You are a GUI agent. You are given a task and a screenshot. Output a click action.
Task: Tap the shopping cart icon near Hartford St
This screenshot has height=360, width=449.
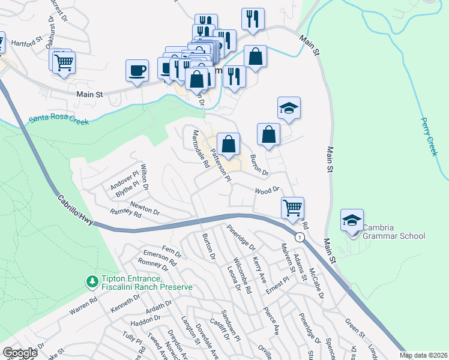64,63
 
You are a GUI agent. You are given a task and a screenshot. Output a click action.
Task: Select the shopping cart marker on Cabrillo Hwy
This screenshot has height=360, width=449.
292,208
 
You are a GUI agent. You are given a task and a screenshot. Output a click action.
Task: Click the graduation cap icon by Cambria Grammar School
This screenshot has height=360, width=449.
352,220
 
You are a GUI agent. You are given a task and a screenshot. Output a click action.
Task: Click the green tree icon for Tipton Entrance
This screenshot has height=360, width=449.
92,281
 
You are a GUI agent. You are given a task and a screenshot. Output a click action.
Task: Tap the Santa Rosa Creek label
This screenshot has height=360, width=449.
59,120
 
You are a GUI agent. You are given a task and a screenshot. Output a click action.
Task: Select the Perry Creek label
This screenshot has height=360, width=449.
430,136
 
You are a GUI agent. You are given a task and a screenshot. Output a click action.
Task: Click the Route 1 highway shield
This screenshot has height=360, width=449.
298,238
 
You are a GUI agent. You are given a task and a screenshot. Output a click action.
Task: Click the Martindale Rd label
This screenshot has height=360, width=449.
200,149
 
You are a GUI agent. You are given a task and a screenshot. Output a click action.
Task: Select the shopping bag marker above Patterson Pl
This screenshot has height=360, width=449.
228,144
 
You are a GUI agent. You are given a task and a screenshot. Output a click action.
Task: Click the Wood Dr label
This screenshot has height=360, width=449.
268,190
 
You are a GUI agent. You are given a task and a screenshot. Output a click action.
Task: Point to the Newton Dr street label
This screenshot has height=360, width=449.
145,209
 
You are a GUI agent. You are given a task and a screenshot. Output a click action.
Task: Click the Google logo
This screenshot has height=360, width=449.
20,353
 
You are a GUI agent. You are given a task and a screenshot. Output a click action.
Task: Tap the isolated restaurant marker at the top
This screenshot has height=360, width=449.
253,19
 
